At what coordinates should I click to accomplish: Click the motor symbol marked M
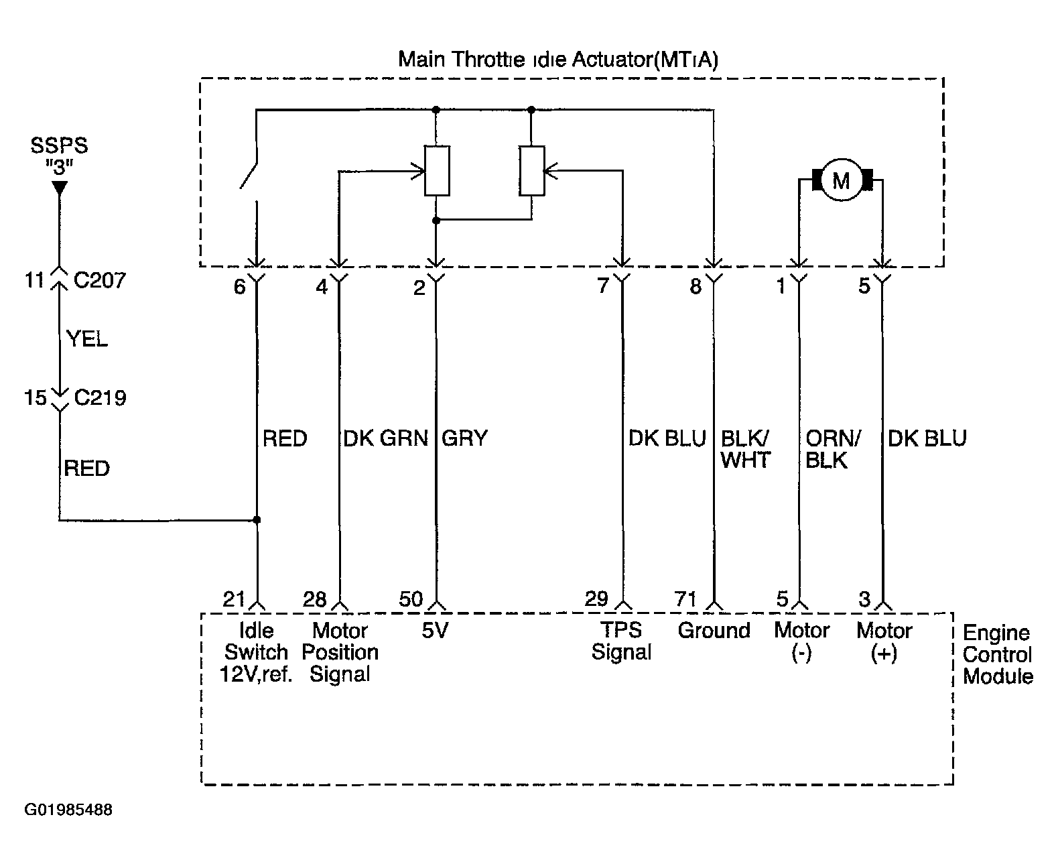[x=842, y=180]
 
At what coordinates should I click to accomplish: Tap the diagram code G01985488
[x=68, y=810]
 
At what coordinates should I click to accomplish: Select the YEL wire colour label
[x=87, y=338]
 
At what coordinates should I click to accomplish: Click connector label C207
[x=100, y=280]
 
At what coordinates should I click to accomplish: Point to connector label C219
[x=101, y=398]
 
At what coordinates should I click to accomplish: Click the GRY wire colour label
[x=464, y=438]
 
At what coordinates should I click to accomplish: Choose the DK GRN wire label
[x=385, y=438]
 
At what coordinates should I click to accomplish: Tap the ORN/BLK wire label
[x=833, y=450]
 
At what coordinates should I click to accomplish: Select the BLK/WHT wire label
[x=746, y=450]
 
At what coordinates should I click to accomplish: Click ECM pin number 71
[x=685, y=599]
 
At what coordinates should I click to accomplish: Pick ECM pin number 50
[x=411, y=599]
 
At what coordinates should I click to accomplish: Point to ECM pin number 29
[x=596, y=599]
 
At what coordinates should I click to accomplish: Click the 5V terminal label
[x=435, y=631]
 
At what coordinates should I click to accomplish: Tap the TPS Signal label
[x=621, y=641]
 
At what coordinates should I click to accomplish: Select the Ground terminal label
[x=714, y=631]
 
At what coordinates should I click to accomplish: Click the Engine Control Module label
[x=998, y=654]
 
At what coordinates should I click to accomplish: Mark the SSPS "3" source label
[x=59, y=156]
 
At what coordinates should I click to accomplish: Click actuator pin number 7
[x=602, y=286]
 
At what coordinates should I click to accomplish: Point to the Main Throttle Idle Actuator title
[x=558, y=60]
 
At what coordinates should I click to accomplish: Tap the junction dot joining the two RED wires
[x=257, y=519]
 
